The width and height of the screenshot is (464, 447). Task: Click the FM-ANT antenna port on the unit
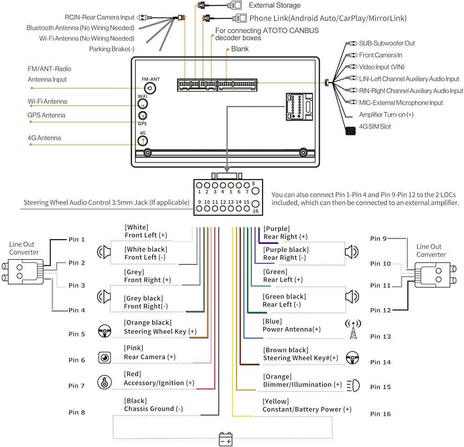point(150,88)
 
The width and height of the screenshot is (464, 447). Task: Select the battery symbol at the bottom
point(226,439)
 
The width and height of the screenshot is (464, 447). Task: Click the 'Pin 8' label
point(77,412)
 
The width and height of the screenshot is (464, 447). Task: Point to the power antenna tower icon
point(353,329)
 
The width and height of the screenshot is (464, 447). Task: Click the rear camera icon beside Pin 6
point(104,358)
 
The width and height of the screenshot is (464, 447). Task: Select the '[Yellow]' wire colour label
point(276,401)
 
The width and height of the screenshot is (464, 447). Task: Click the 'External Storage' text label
point(275,6)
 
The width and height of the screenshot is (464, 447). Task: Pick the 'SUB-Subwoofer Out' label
point(387,43)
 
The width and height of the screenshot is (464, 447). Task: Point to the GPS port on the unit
point(143,116)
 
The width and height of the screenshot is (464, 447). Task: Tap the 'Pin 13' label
point(380,337)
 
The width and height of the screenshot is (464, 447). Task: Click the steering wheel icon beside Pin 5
point(104,331)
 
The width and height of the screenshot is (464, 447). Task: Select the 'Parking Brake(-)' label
point(111,49)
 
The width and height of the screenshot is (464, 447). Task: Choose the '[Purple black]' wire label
point(285,249)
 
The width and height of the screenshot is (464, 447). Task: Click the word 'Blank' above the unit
point(240,49)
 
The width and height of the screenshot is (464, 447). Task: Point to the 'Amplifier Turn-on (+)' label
point(386,115)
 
